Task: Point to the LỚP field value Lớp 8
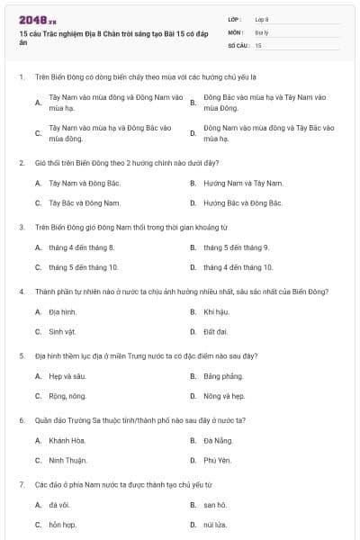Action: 262,19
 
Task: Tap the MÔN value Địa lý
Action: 262,31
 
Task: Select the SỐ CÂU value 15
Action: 258,44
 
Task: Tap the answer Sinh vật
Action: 64,332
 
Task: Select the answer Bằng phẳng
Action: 223,375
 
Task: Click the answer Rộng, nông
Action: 67,396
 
